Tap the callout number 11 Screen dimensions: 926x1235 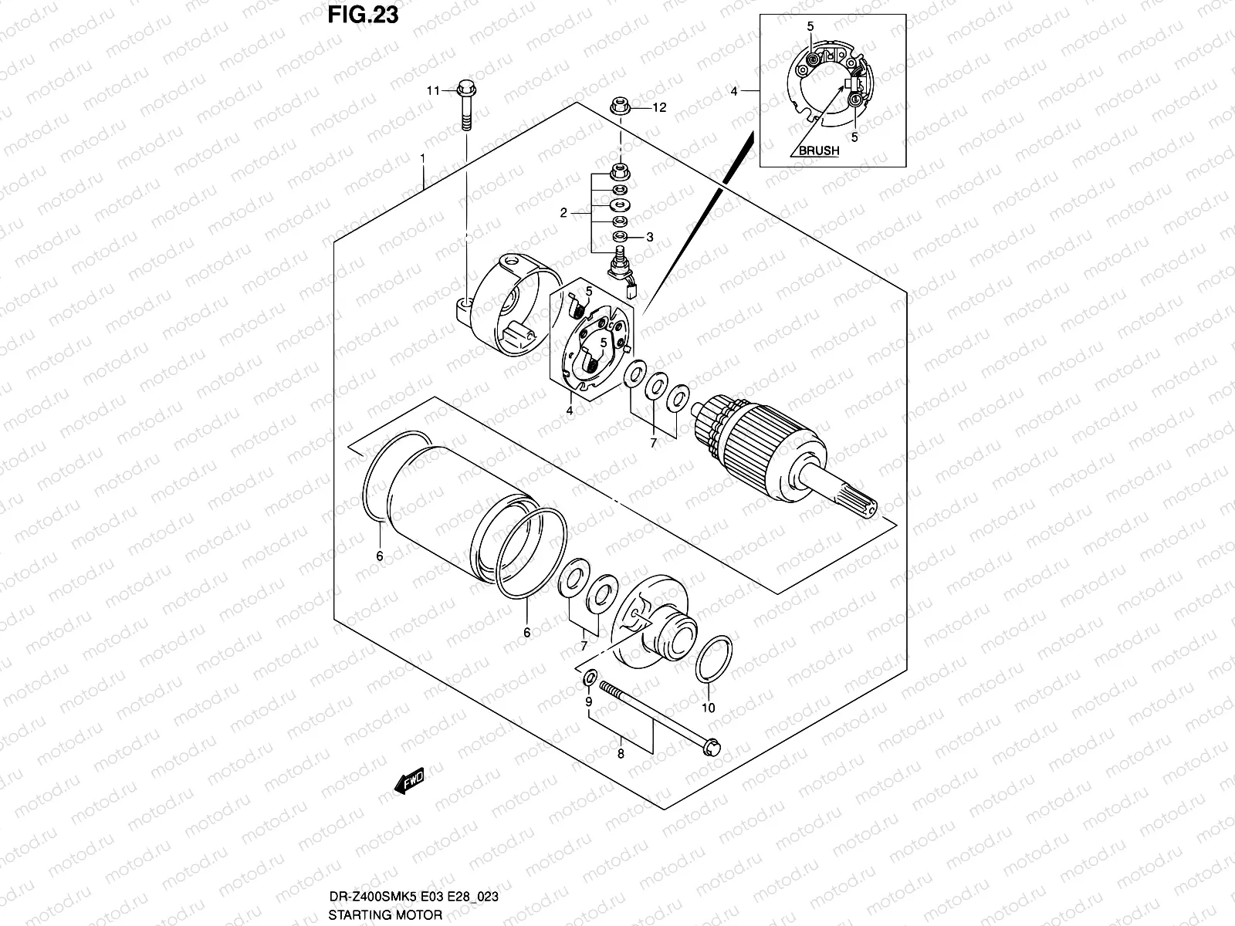point(434,91)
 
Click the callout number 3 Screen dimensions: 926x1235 point(649,238)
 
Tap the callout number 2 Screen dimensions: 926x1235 point(564,212)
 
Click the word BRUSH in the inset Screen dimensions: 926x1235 point(818,151)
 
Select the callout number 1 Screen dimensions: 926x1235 point(422,157)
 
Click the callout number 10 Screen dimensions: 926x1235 point(709,708)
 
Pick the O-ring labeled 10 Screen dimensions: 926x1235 point(713,659)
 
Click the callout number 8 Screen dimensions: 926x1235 point(621,754)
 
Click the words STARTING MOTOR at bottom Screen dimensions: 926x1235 point(385,915)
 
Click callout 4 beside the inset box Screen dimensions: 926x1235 point(733,91)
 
